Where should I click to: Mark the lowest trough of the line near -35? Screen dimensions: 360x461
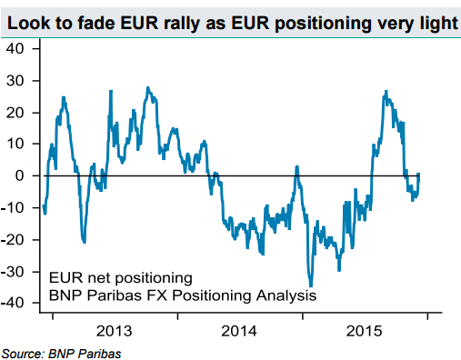(x=310, y=285)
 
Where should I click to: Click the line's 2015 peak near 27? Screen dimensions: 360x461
(x=386, y=91)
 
